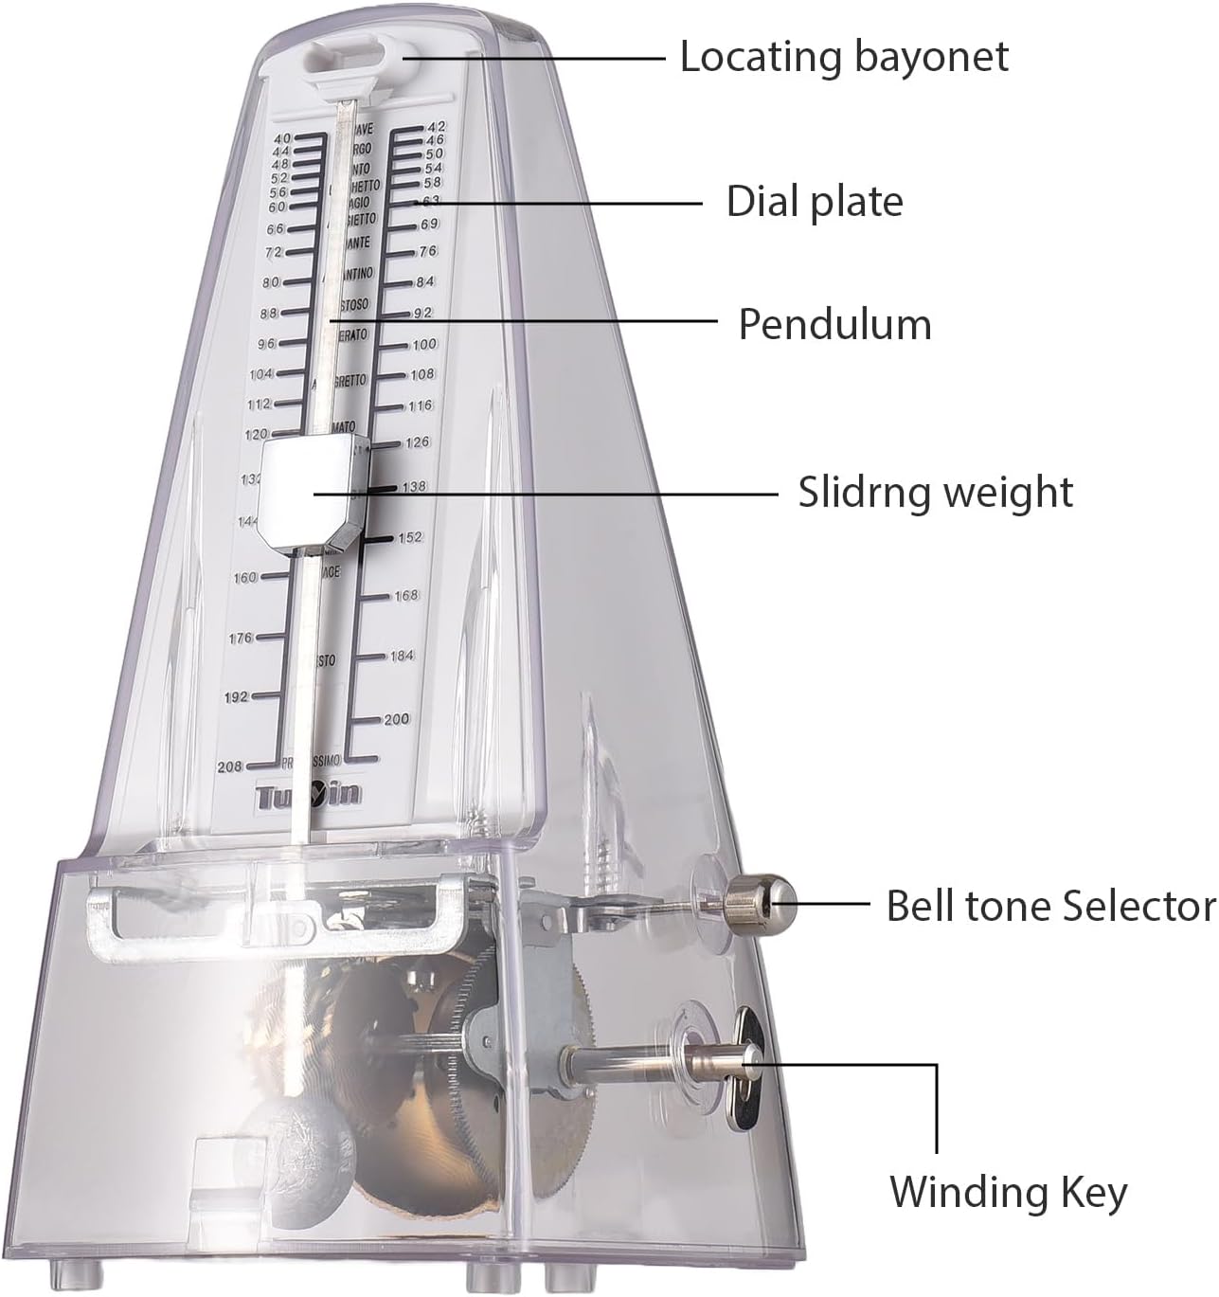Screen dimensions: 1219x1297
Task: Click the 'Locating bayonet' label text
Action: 844,57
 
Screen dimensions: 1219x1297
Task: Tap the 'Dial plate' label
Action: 814,202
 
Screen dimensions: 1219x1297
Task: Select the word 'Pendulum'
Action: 834,324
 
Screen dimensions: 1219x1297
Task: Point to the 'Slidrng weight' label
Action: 935,493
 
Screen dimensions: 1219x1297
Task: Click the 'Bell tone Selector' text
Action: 1050,906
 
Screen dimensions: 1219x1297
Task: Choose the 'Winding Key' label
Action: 1008,1191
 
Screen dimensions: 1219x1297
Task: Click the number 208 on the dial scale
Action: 230,766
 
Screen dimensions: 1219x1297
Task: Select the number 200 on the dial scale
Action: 396,719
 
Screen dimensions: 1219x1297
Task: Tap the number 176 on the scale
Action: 241,638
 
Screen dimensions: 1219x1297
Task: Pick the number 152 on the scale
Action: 410,537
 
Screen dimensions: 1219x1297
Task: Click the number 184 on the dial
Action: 402,656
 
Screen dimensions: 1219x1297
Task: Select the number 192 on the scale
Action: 236,696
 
